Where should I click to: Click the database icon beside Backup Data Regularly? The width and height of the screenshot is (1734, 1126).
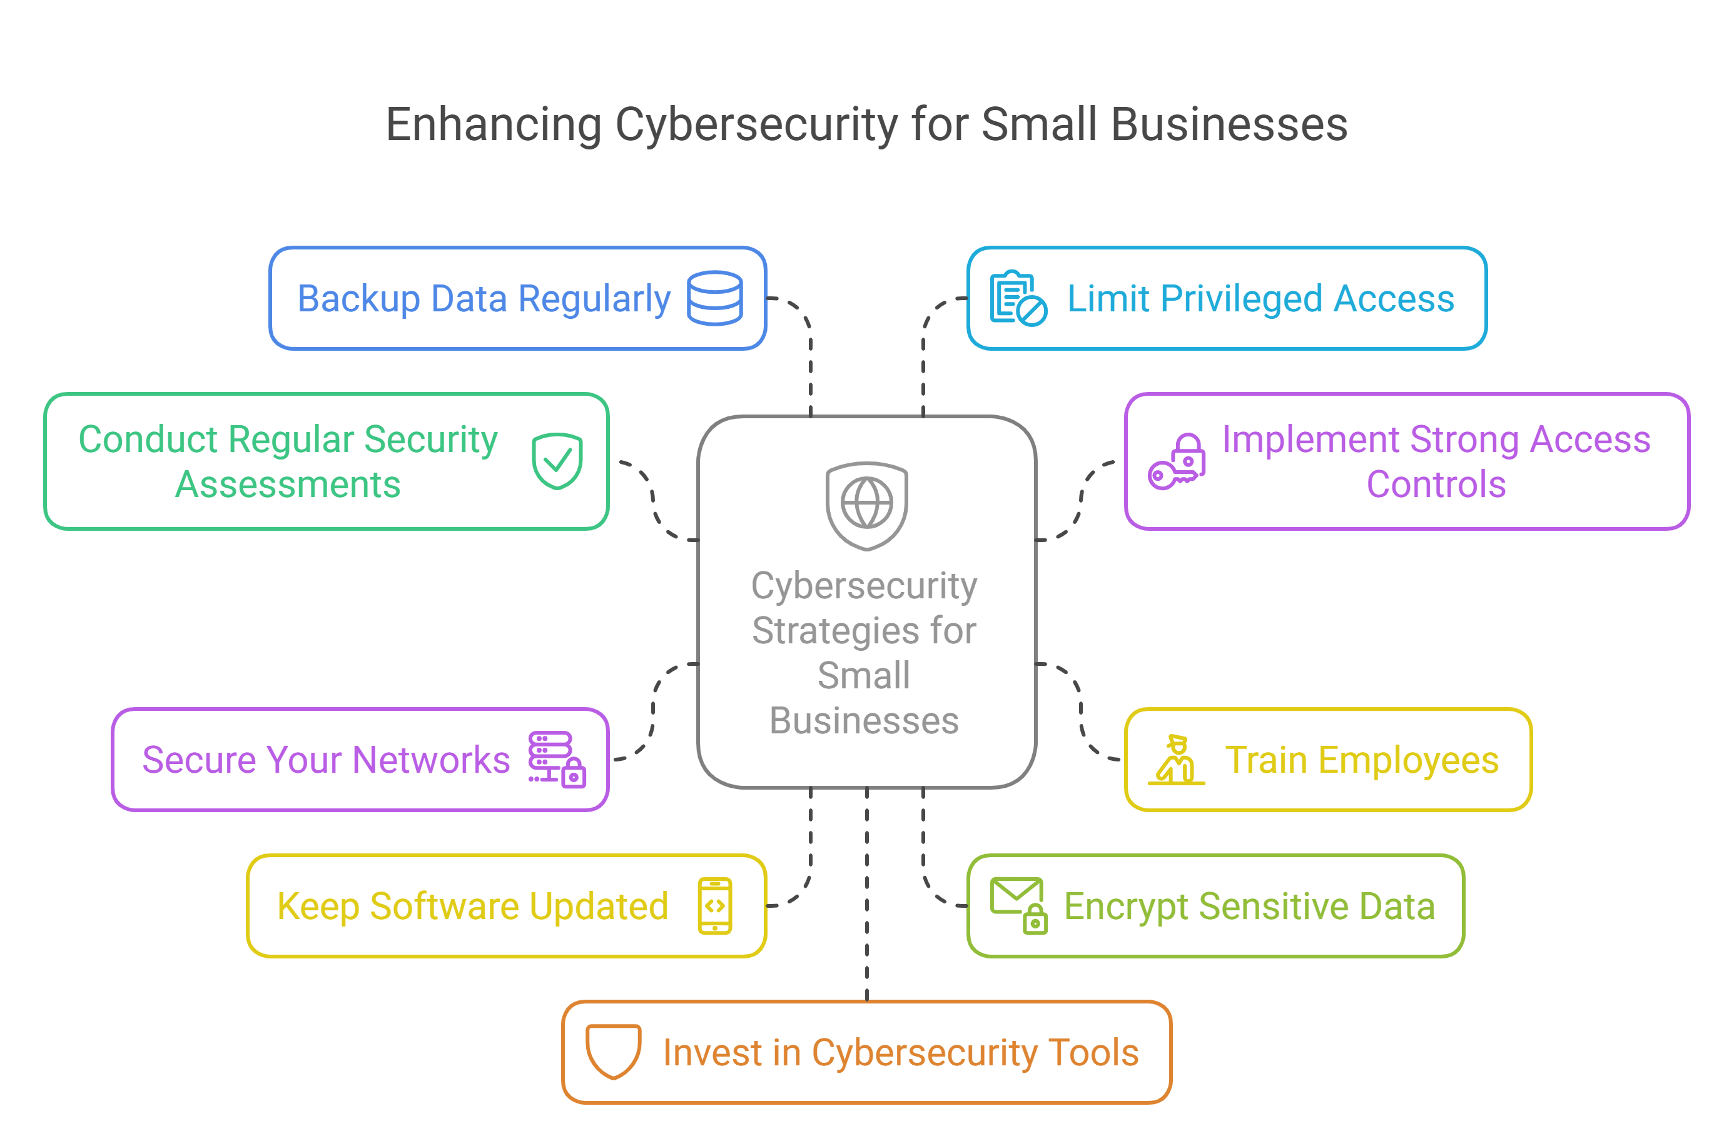[x=715, y=298]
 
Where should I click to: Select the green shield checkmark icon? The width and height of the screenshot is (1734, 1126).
[x=557, y=461]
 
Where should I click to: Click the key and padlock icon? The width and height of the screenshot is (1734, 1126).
[x=1177, y=462]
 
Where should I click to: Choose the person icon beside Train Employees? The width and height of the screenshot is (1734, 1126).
[x=1176, y=760]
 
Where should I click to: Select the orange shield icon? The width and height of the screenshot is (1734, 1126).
[x=614, y=1051]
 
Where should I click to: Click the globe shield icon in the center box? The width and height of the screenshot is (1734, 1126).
[x=866, y=505]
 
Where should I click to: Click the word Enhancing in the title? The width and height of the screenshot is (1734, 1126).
[x=494, y=124]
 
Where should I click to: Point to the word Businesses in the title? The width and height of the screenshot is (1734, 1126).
[x=1229, y=124]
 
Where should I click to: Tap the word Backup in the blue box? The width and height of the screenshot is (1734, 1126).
[x=358, y=299]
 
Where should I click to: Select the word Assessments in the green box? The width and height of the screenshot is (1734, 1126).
[x=288, y=485]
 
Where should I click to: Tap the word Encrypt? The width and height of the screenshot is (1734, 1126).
[x=1125, y=907]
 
